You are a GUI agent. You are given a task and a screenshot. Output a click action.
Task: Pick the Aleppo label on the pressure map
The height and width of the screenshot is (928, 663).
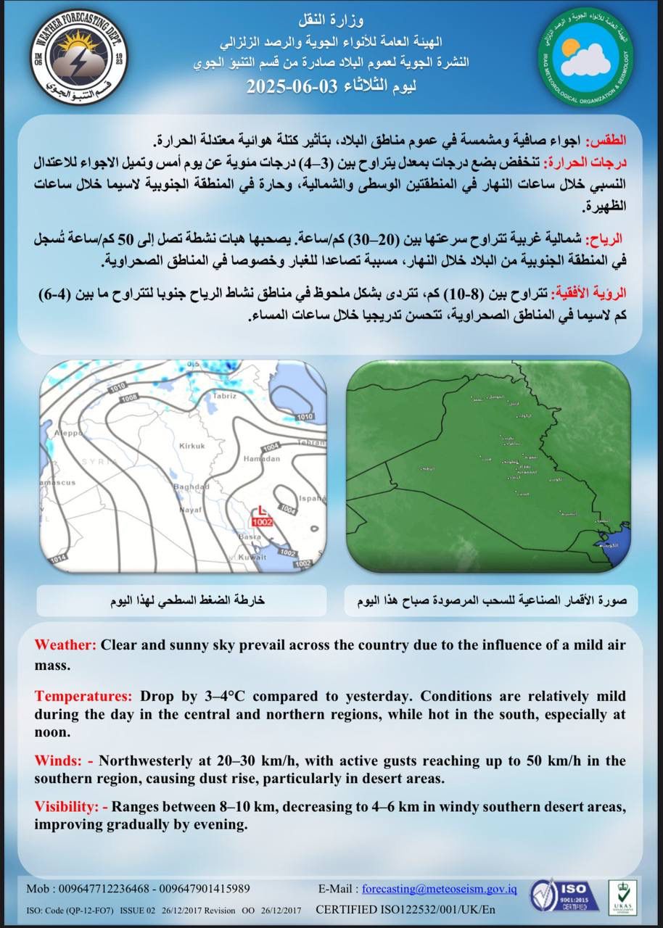click(54, 433)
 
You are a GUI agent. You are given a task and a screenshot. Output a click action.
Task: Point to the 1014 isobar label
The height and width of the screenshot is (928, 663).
click(57, 557)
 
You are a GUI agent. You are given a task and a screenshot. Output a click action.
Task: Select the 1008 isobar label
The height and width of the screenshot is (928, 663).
click(130, 398)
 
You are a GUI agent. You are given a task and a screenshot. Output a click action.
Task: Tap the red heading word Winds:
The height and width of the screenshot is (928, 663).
click(58, 761)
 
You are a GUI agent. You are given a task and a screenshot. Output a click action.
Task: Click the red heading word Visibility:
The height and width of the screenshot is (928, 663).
click(65, 806)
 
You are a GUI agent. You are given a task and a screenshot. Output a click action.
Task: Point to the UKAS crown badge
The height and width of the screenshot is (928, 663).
click(622, 896)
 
